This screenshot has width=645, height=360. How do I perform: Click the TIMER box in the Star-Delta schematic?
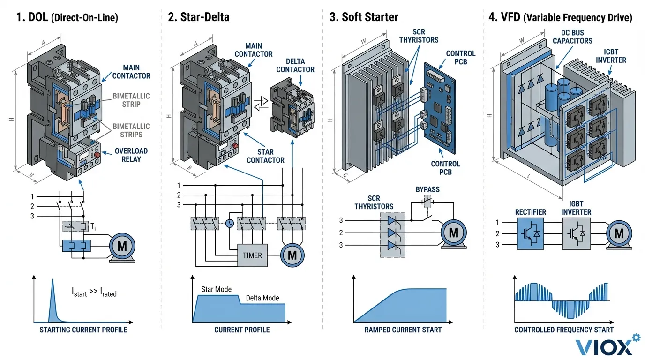(x=252, y=255)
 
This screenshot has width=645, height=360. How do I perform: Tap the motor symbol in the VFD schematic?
(x=619, y=233)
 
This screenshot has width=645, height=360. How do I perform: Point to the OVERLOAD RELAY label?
(x=131, y=155)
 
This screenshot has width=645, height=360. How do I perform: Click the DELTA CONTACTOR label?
(x=295, y=66)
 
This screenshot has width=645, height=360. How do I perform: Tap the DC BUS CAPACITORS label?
(x=572, y=37)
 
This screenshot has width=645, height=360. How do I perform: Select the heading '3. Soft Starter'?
(x=363, y=17)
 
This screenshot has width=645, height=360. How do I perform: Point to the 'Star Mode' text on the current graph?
(x=216, y=289)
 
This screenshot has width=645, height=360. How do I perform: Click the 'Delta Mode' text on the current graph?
(x=262, y=298)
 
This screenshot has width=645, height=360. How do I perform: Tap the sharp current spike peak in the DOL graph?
(x=52, y=281)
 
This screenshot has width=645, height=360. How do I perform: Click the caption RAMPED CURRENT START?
(x=403, y=330)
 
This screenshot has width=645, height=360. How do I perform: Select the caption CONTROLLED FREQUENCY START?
(x=563, y=330)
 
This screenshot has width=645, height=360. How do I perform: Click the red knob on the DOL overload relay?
(x=97, y=155)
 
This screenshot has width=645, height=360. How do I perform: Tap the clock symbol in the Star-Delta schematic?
(x=229, y=224)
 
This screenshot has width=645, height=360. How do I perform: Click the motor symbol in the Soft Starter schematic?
(x=453, y=232)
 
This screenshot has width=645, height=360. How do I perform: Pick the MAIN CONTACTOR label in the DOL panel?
(x=131, y=72)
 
